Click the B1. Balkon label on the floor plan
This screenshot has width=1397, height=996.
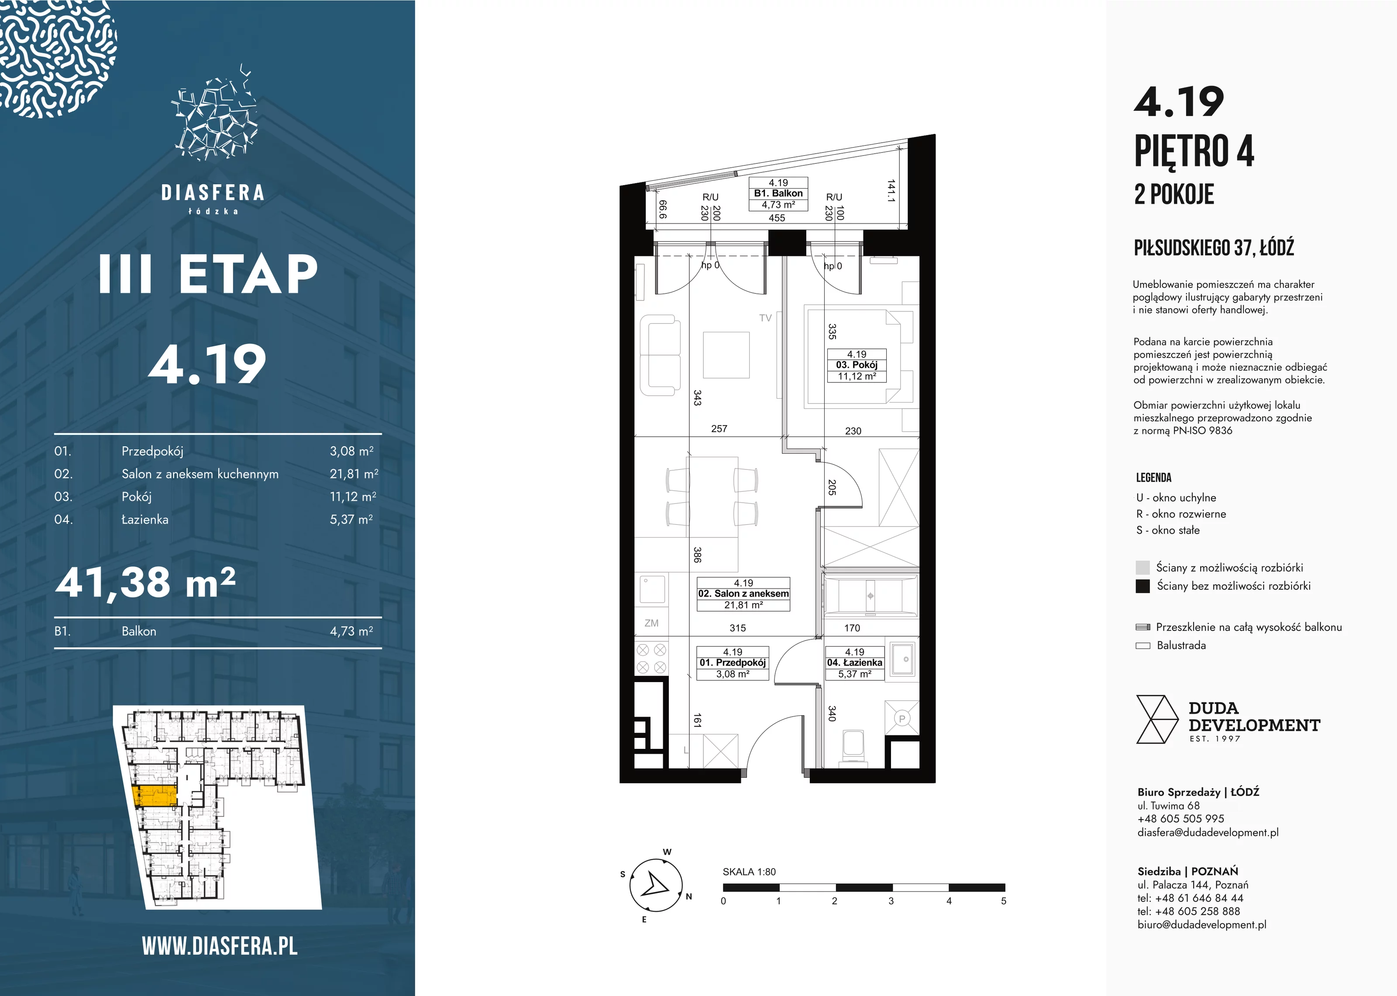point(778,193)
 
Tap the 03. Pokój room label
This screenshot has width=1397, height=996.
point(857,365)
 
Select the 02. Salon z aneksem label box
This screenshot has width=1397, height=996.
point(743,594)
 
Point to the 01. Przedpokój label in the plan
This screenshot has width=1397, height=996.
point(733,663)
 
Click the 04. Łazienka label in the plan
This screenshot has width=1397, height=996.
point(854,663)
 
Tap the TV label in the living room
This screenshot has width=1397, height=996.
point(765,318)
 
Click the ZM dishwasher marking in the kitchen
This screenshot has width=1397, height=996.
point(652,623)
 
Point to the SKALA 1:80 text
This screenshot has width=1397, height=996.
point(749,872)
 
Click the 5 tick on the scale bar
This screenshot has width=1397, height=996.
point(1004,901)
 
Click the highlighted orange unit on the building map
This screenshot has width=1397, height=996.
point(155,796)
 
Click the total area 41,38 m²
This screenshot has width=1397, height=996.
point(146,582)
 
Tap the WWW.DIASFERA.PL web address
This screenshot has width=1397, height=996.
point(220,946)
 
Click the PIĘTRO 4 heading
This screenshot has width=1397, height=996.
point(1194,151)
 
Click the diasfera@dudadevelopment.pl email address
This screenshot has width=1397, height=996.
point(1208,832)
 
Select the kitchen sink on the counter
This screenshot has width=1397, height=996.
point(652,589)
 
